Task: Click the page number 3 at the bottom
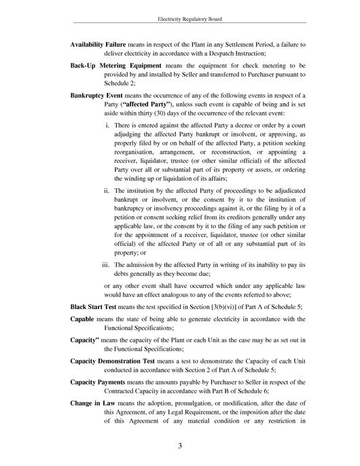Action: pyautogui.click(x=180, y=446)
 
